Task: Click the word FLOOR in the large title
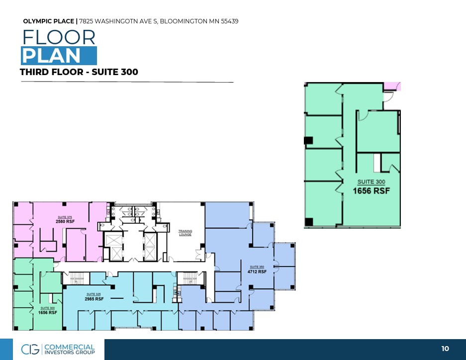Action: [59, 38]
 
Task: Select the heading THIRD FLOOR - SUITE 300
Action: [79, 72]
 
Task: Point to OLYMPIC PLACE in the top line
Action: [49, 21]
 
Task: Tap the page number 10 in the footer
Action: [445, 349]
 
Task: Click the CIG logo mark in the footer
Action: [30, 349]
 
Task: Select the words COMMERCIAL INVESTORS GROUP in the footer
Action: [69, 349]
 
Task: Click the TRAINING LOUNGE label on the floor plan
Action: [185, 232]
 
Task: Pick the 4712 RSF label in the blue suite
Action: [257, 271]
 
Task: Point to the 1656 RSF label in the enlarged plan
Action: [371, 190]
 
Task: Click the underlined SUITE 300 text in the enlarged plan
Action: [371, 182]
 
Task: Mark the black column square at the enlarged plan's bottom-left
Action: [309, 221]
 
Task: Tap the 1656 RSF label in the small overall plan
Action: [48, 312]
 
